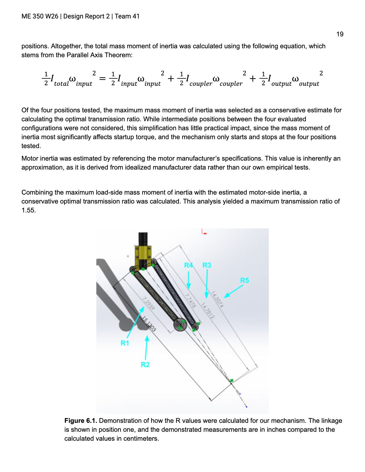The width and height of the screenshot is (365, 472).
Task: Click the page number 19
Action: pos(340,34)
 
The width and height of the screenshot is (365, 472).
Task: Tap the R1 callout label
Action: pos(125,343)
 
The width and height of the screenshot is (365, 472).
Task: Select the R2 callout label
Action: pos(145,364)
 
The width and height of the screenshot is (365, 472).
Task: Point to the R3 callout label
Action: pos(207,265)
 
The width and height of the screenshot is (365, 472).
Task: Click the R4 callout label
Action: pos(188,265)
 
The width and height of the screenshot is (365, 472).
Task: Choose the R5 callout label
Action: pos(244,280)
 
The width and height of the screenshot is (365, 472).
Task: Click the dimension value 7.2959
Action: pos(149,303)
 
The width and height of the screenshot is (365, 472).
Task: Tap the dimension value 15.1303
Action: pos(149,324)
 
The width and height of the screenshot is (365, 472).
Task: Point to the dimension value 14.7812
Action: pos(207,310)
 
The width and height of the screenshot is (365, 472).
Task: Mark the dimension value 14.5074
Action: pos(217,299)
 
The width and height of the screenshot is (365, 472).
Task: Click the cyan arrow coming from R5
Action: pos(233,291)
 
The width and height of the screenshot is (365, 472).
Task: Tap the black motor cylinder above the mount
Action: pos(143,239)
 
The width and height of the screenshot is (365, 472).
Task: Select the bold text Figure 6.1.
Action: pos(81,421)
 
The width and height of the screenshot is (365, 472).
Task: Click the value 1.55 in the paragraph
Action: pos(28,210)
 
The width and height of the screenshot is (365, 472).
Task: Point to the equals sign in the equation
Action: pos(103,78)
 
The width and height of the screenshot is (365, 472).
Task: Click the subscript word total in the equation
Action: pos(61,84)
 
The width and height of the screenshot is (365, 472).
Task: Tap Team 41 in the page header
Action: pos(127,16)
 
